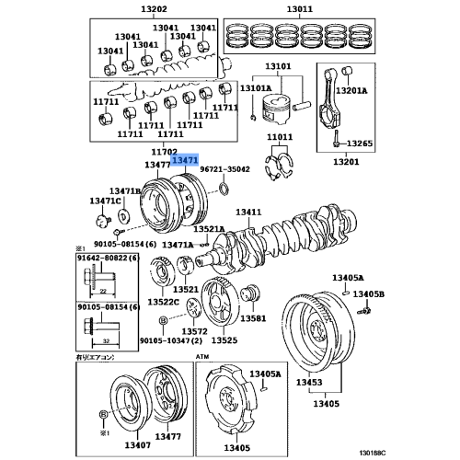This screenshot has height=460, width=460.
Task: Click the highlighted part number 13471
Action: pos(186,160)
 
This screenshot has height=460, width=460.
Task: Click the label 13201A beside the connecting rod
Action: pos(351,91)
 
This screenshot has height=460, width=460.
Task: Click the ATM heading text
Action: pos(203,354)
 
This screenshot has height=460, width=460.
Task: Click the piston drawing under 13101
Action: pos(276,101)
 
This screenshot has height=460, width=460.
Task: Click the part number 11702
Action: pos(164,151)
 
